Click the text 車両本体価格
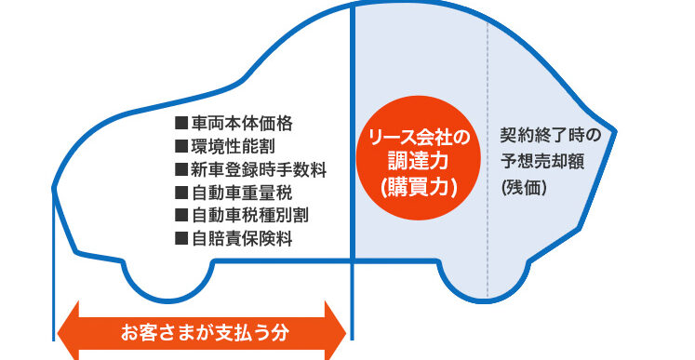point(242,124)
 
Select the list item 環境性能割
point(234,147)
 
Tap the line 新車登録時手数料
point(259,170)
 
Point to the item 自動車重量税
point(242,193)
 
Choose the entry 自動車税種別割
point(250,216)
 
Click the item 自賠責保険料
point(242,239)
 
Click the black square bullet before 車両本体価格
point(181,124)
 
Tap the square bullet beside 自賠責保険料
point(181,239)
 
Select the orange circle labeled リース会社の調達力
point(419,159)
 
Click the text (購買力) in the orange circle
point(419,189)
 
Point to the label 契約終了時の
point(550,135)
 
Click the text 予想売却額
point(542,162)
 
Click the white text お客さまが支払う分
point(205,332)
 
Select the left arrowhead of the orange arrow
point(68,331)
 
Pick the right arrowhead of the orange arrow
point(336,331)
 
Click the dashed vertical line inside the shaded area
point(488,160)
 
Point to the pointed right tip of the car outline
point(616,130)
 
